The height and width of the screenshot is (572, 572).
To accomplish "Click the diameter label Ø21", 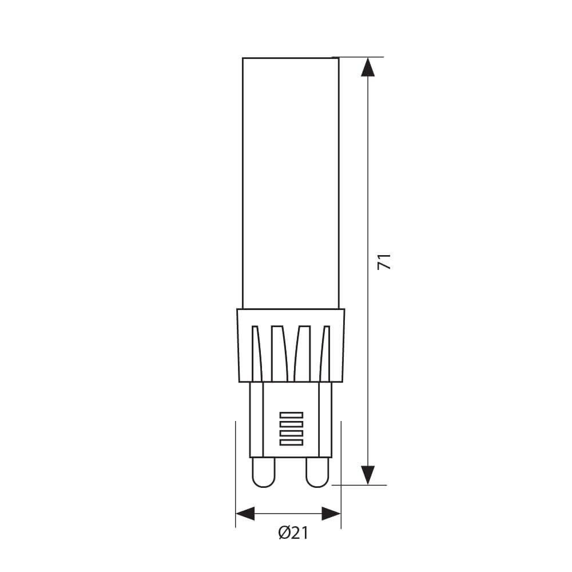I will pos(293,533).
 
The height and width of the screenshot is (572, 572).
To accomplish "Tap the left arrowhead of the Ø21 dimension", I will pos(245,513).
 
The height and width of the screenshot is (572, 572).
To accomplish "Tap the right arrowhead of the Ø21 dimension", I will pos(331,513).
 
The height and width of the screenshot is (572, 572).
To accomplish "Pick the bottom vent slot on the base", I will pos(291,442).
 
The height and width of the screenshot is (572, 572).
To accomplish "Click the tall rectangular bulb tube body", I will pos(291,183).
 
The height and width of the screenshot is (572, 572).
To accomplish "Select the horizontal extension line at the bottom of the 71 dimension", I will pos(360,484).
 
